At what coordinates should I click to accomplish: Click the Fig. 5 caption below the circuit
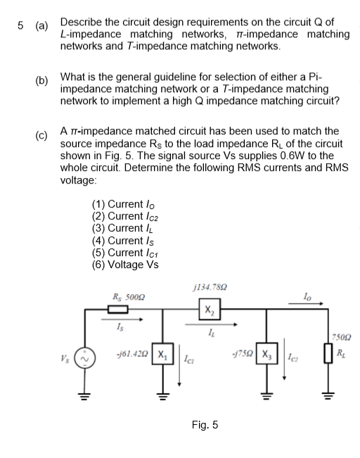pos(205,424)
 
